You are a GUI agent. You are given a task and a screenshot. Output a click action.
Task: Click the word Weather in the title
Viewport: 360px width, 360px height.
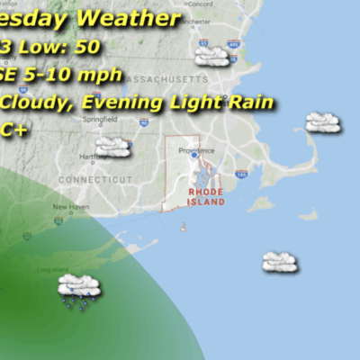point(125,17)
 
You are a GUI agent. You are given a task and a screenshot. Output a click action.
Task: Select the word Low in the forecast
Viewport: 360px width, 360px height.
point(36,46)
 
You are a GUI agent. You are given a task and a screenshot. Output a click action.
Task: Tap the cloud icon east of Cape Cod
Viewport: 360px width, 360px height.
point(322,121)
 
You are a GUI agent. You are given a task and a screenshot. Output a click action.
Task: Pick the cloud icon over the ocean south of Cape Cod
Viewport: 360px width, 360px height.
point(280,261)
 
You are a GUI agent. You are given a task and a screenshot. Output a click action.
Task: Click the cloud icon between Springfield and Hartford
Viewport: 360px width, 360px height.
point(113,146)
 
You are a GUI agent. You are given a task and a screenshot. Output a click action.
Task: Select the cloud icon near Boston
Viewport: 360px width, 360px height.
point(211,56)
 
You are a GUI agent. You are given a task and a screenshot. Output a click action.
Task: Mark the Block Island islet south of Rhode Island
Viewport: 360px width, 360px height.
point(184,226)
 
